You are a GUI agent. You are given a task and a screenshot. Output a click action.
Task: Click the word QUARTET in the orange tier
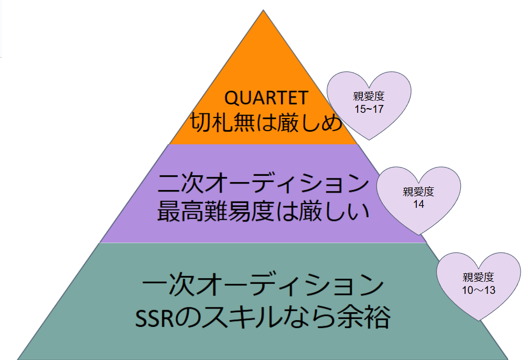266,98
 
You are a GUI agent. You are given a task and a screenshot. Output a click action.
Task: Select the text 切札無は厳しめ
266,122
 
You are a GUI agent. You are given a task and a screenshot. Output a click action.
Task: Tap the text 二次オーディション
263,183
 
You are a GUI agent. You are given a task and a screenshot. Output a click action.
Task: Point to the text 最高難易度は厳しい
263,211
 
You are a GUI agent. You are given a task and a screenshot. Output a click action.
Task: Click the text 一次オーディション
263,285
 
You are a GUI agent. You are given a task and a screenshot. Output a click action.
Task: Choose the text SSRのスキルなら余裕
263,317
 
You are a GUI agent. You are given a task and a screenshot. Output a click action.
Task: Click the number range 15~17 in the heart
369,109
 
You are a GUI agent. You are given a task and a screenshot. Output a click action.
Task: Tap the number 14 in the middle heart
418,204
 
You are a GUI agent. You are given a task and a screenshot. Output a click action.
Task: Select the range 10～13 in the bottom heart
479,290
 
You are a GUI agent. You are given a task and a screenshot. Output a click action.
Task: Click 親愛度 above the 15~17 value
369,97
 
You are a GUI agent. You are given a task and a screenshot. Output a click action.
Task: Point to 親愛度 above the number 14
418,192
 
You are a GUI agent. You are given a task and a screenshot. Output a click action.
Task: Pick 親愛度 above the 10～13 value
479,278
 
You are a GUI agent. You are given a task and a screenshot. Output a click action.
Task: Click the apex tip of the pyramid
263,10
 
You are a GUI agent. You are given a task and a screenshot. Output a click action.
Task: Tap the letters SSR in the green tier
155,318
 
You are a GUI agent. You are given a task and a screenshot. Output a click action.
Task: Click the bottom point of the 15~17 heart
369,140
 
